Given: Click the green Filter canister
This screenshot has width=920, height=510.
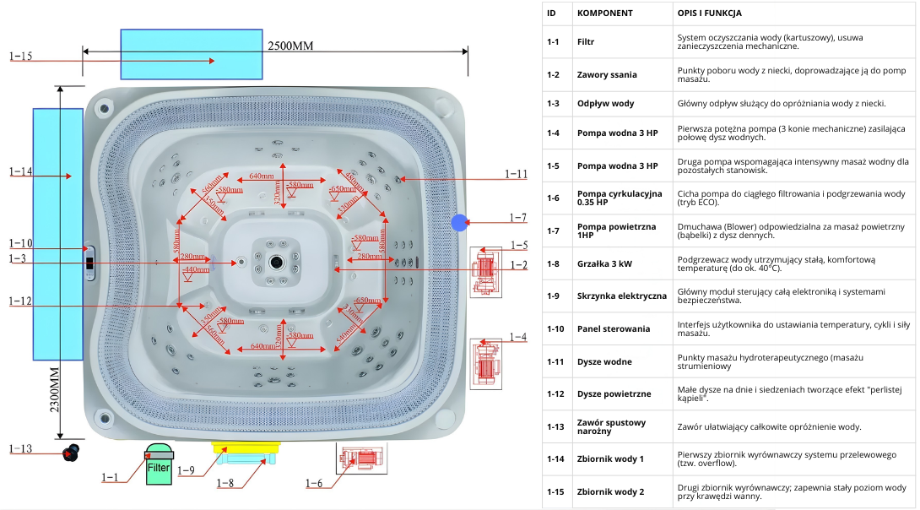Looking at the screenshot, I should pyautogui.click(x=158, y=465).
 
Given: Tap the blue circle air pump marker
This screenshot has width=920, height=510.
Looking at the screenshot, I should pyautogui.click(x=459, y=223).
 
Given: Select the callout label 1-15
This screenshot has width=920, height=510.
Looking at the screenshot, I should pyautogui.click(x=21, y=57).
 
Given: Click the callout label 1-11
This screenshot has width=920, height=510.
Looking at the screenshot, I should pyautogui.click(x=516, y=174).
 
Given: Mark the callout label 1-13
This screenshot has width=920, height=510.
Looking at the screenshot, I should pyautogui.click(x=21, y=448).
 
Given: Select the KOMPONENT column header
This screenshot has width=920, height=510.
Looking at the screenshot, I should pyautogui.click(x=604, y=14).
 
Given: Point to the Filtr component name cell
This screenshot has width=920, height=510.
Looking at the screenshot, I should pyautogui.click(x=586, y=41).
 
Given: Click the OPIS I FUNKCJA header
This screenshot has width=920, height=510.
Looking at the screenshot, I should pyautogui.click(x=709, y=14).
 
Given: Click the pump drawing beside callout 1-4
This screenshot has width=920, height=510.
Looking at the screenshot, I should pyautogui.click(x=486, y=363).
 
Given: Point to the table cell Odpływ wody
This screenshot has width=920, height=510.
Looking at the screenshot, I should pyautogui.click(x=605, y=103).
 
